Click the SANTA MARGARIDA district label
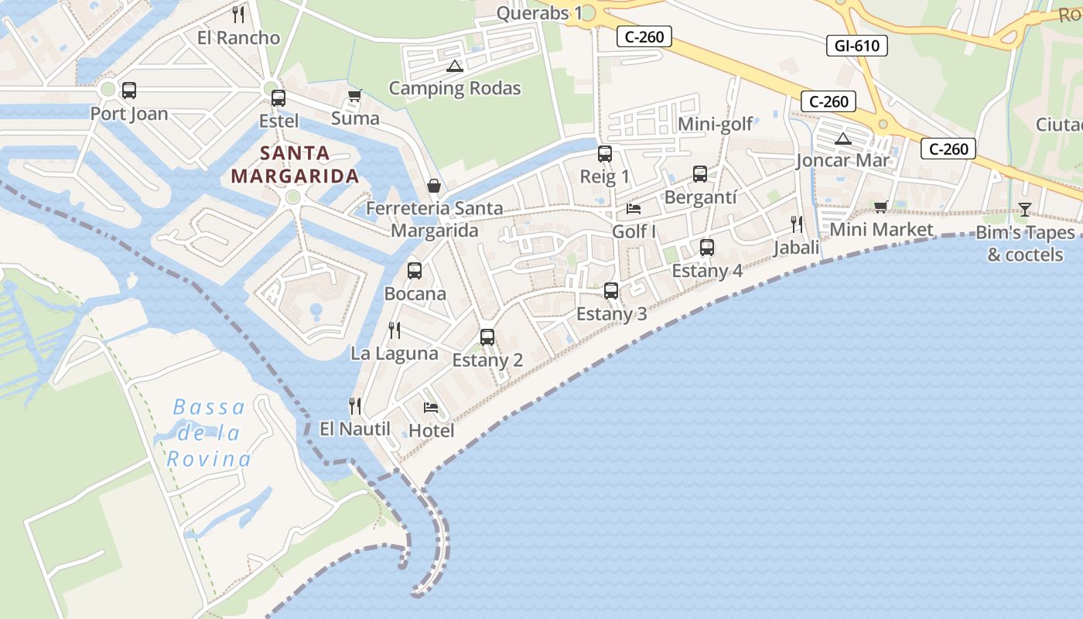(x=295, y=164)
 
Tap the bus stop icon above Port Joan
(x=129, y=91)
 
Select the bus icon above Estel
(x=278, y=98)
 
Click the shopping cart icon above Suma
(x=354, y=95)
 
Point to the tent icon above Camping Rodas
(x=454, y=66)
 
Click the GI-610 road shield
(x=856, y=46)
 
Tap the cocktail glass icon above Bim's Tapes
(x=1025, y=209)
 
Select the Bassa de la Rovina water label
(x=209, y=433)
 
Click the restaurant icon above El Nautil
(x=355, y=405)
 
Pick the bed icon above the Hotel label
(x=431, y=407)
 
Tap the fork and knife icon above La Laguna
(x=395, y=330)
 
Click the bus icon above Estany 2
(x=487, y=337)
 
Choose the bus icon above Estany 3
(x=611, y=291)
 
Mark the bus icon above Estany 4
(x=707, y=248)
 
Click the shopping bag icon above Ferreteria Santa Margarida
(x=434, y=186)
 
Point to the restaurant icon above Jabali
(x=797, y=224)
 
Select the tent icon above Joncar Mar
(x=843, y=139)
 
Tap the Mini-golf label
(x=716, y=125)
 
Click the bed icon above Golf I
(x=634, y=208)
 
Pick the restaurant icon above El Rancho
(x=238, y=14)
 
